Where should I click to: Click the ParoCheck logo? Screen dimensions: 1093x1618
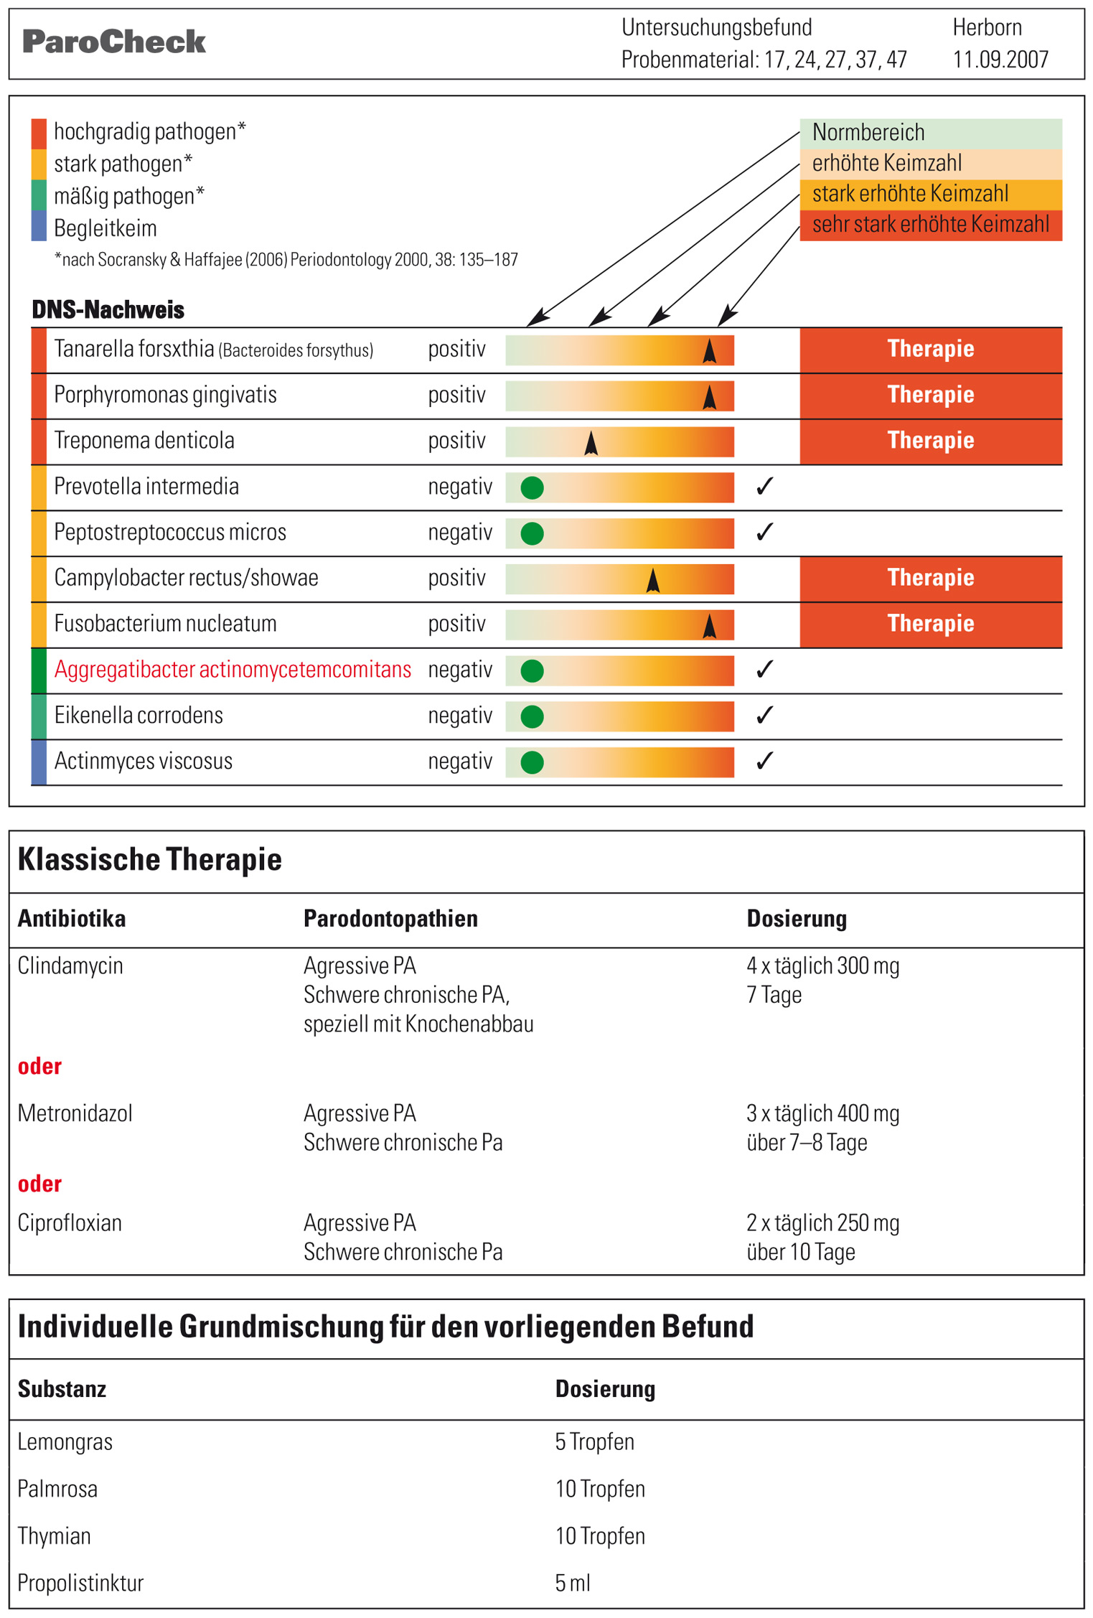[x=114, y=42]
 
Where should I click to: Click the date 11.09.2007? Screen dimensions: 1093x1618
[x=1000, y=59]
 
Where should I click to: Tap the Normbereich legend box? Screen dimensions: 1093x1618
[x=931, y=133]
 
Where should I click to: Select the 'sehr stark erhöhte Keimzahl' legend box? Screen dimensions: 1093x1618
[x=931, y=225]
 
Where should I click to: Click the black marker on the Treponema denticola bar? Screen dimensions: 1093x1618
[x=591, y=443]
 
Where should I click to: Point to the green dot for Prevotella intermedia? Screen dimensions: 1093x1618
[x=532, y=488]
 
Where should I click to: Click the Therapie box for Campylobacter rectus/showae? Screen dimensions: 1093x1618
[x=931, y=579]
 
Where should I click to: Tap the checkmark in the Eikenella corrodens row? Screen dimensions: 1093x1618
[x=764, y=715]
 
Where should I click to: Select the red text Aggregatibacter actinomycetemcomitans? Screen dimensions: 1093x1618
[x=233, y=670]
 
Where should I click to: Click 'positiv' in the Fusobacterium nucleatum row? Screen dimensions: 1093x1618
[x=456, y=624]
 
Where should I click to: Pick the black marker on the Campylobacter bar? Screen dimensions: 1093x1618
[x=652, y=580]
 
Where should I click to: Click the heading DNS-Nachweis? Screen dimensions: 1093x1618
[x=108, y=310]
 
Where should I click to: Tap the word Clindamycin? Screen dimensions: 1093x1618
[x=70, y=966]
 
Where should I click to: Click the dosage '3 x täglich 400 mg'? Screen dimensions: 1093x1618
[x=822, y=1113]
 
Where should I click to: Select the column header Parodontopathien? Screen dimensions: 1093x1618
[x=390, y=919]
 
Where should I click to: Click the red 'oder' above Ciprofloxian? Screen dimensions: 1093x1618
[x=39, y=1184]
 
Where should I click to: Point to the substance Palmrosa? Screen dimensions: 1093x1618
[x=57, y=1489]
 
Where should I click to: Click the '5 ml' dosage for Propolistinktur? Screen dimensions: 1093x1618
[x=573, y=1583]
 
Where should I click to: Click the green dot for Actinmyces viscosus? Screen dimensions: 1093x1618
[x=532, y=762]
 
